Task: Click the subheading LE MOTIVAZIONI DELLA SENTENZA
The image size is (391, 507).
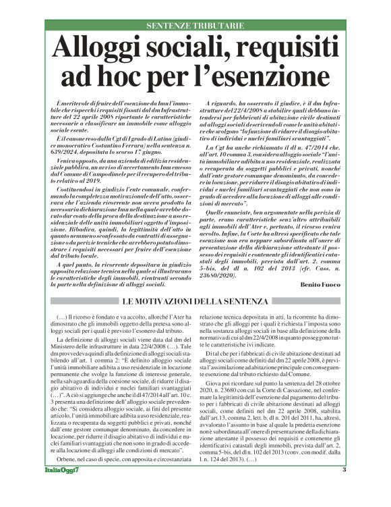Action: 195,300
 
